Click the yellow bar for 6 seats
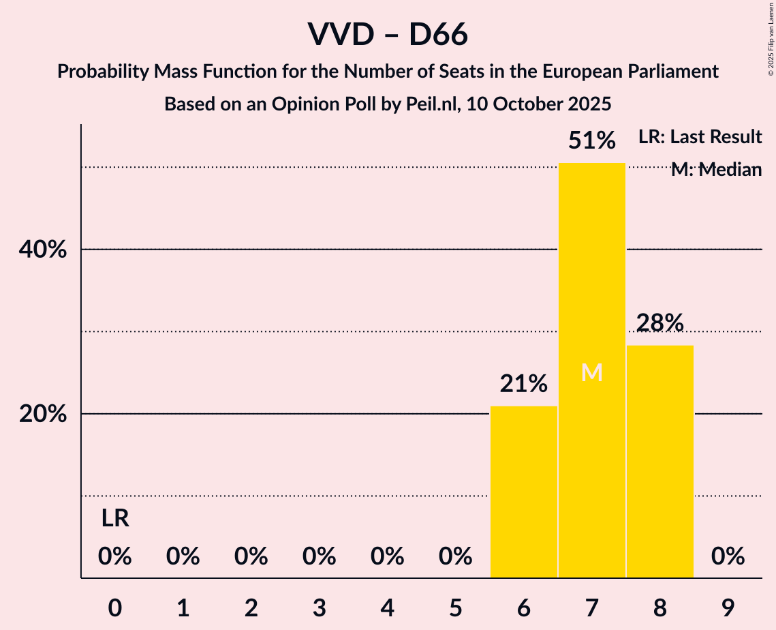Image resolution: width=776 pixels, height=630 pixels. pos(524,492)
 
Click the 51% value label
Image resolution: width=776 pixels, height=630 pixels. pos(591,141)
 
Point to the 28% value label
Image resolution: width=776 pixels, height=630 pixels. pos(659,323)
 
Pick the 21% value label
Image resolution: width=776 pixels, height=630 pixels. pos(524,385)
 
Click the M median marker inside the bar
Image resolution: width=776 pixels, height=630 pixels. pos(591,372)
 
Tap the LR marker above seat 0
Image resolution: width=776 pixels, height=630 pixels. pos(115,519)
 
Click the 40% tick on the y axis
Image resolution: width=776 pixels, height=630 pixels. pos(43,250)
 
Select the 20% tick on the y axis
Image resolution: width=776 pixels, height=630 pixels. pos(43,415)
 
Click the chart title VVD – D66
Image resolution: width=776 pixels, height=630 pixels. pos(388,35)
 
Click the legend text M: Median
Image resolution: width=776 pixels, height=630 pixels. pos(716,170)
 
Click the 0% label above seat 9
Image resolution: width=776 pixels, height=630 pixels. pos(728,557)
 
